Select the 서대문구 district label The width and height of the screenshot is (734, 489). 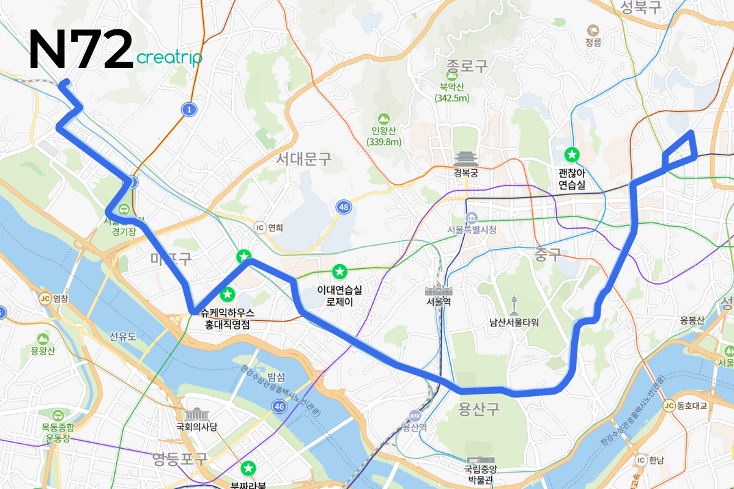[303, 160]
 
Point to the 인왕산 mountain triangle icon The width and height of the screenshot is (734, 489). [384, 118]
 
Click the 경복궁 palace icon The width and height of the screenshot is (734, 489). [465, 159]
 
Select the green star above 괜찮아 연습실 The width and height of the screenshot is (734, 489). [573, 155]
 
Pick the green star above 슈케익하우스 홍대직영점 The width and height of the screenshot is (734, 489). [228, 295]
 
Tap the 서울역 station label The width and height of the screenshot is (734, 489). [439, 303]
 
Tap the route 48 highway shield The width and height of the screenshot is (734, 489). [344, 208]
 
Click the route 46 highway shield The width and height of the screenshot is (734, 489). [280, 406]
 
